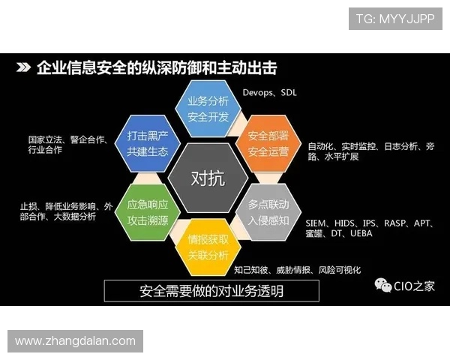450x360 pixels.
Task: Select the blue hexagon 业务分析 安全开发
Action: click(x=208, y=109)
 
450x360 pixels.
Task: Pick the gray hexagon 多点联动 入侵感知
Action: click(x=268, y=211)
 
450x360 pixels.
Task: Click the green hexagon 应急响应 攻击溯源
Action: click(x=148, y=212)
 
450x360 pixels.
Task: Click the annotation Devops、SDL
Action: click(x=269, y=92)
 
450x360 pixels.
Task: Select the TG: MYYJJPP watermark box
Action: click(x=394, y=18)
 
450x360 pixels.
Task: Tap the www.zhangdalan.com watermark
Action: click(x=75, y=341)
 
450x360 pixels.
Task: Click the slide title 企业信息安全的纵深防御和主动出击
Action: click(x=157, y=68)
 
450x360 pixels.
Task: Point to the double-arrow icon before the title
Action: click(x=23, y=68)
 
